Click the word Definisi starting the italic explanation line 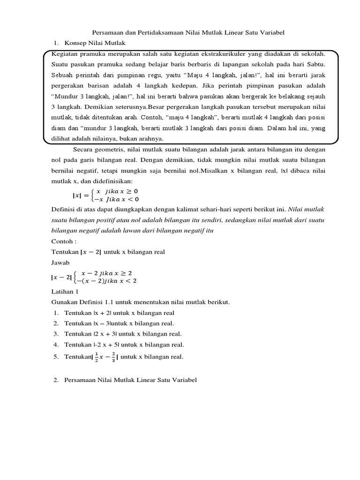coord(62,210)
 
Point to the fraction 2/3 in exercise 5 coord(112,357)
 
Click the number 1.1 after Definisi coord(107,302)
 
